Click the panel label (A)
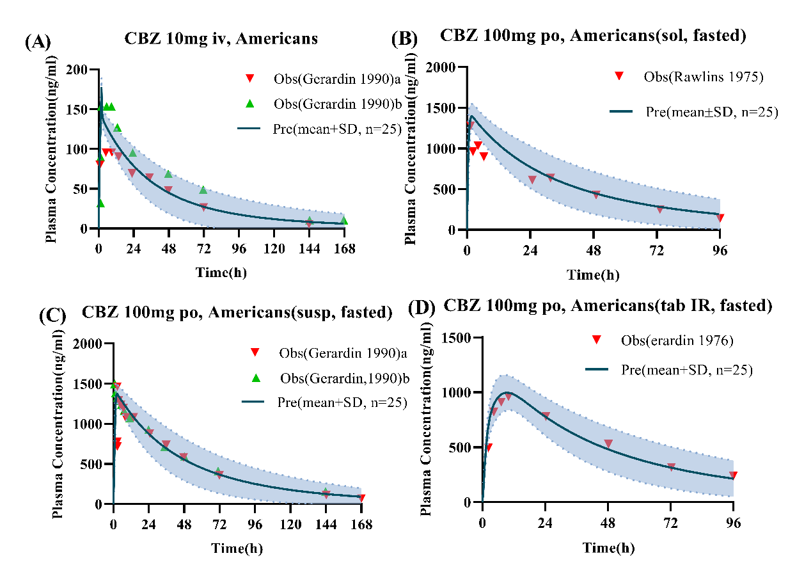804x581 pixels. tap(37, 43)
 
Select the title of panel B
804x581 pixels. tap(593, 36)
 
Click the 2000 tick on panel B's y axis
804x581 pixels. tap(443, 68)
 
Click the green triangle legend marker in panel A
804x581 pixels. tap(251, 103)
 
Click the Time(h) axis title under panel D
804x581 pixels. tap(608, 548)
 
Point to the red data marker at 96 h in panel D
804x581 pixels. tap(733, 475)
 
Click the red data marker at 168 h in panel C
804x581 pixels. tap(361, 498)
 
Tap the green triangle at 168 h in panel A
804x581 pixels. tap(344, 220)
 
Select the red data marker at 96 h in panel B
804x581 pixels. tap(720, 218)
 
